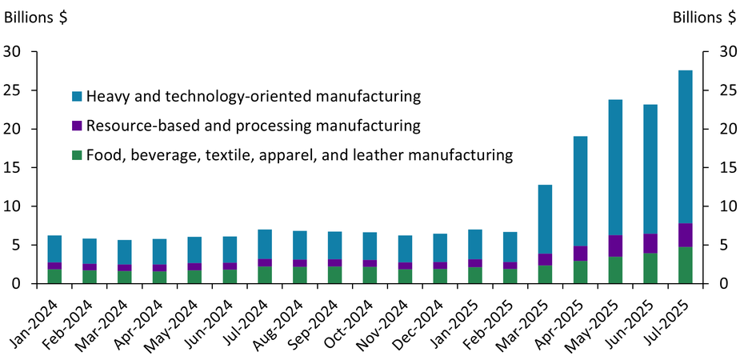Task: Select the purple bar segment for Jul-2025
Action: tap(685, 235)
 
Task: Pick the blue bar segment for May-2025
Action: tap(615, 167)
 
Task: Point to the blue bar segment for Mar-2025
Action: tap(545, 219)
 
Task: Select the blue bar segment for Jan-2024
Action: tap(54, 249)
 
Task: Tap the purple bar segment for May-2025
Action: tap(615, 246)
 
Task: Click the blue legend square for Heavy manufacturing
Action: tap(76, 97)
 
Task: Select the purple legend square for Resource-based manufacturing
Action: tap(76, 126)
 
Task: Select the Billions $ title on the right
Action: tap(704, 17)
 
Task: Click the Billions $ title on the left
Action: tap(36, 17)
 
